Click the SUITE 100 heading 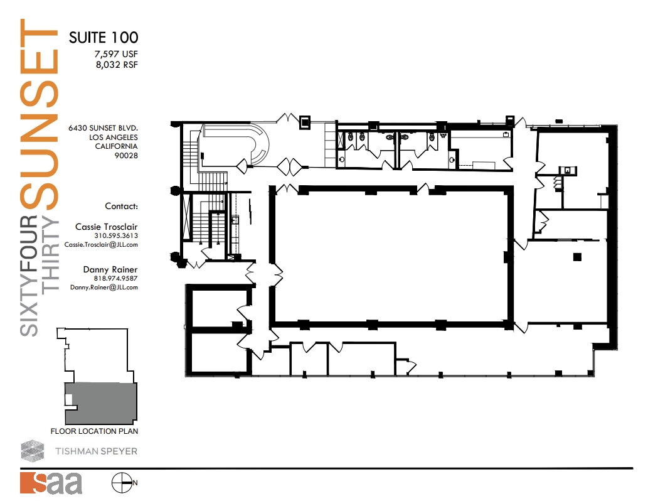103,37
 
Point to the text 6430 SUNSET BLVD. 103,127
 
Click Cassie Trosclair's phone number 116,236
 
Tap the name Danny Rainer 110,269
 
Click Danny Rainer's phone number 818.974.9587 116,278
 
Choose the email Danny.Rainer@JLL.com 104,287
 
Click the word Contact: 121,206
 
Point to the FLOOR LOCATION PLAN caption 94,431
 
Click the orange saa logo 51,483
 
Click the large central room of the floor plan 389,257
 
